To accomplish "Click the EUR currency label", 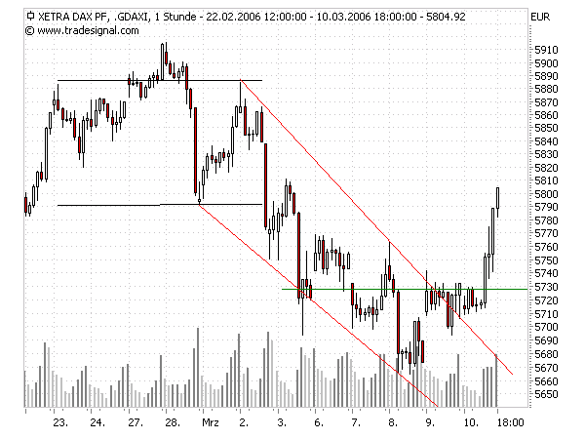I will tap(541, 17).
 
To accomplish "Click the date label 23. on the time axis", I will tap(59, 422).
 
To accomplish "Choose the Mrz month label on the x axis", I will tap(210, 422).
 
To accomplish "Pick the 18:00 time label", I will tap(512, 422).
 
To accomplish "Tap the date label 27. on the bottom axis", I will tap(135, 422).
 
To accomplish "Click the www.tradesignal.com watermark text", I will tap(79, 30).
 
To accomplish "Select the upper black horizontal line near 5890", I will tap(117, 80).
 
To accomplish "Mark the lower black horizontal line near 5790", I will tap(117, 205).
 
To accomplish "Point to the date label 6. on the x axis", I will tap(319, 422).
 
